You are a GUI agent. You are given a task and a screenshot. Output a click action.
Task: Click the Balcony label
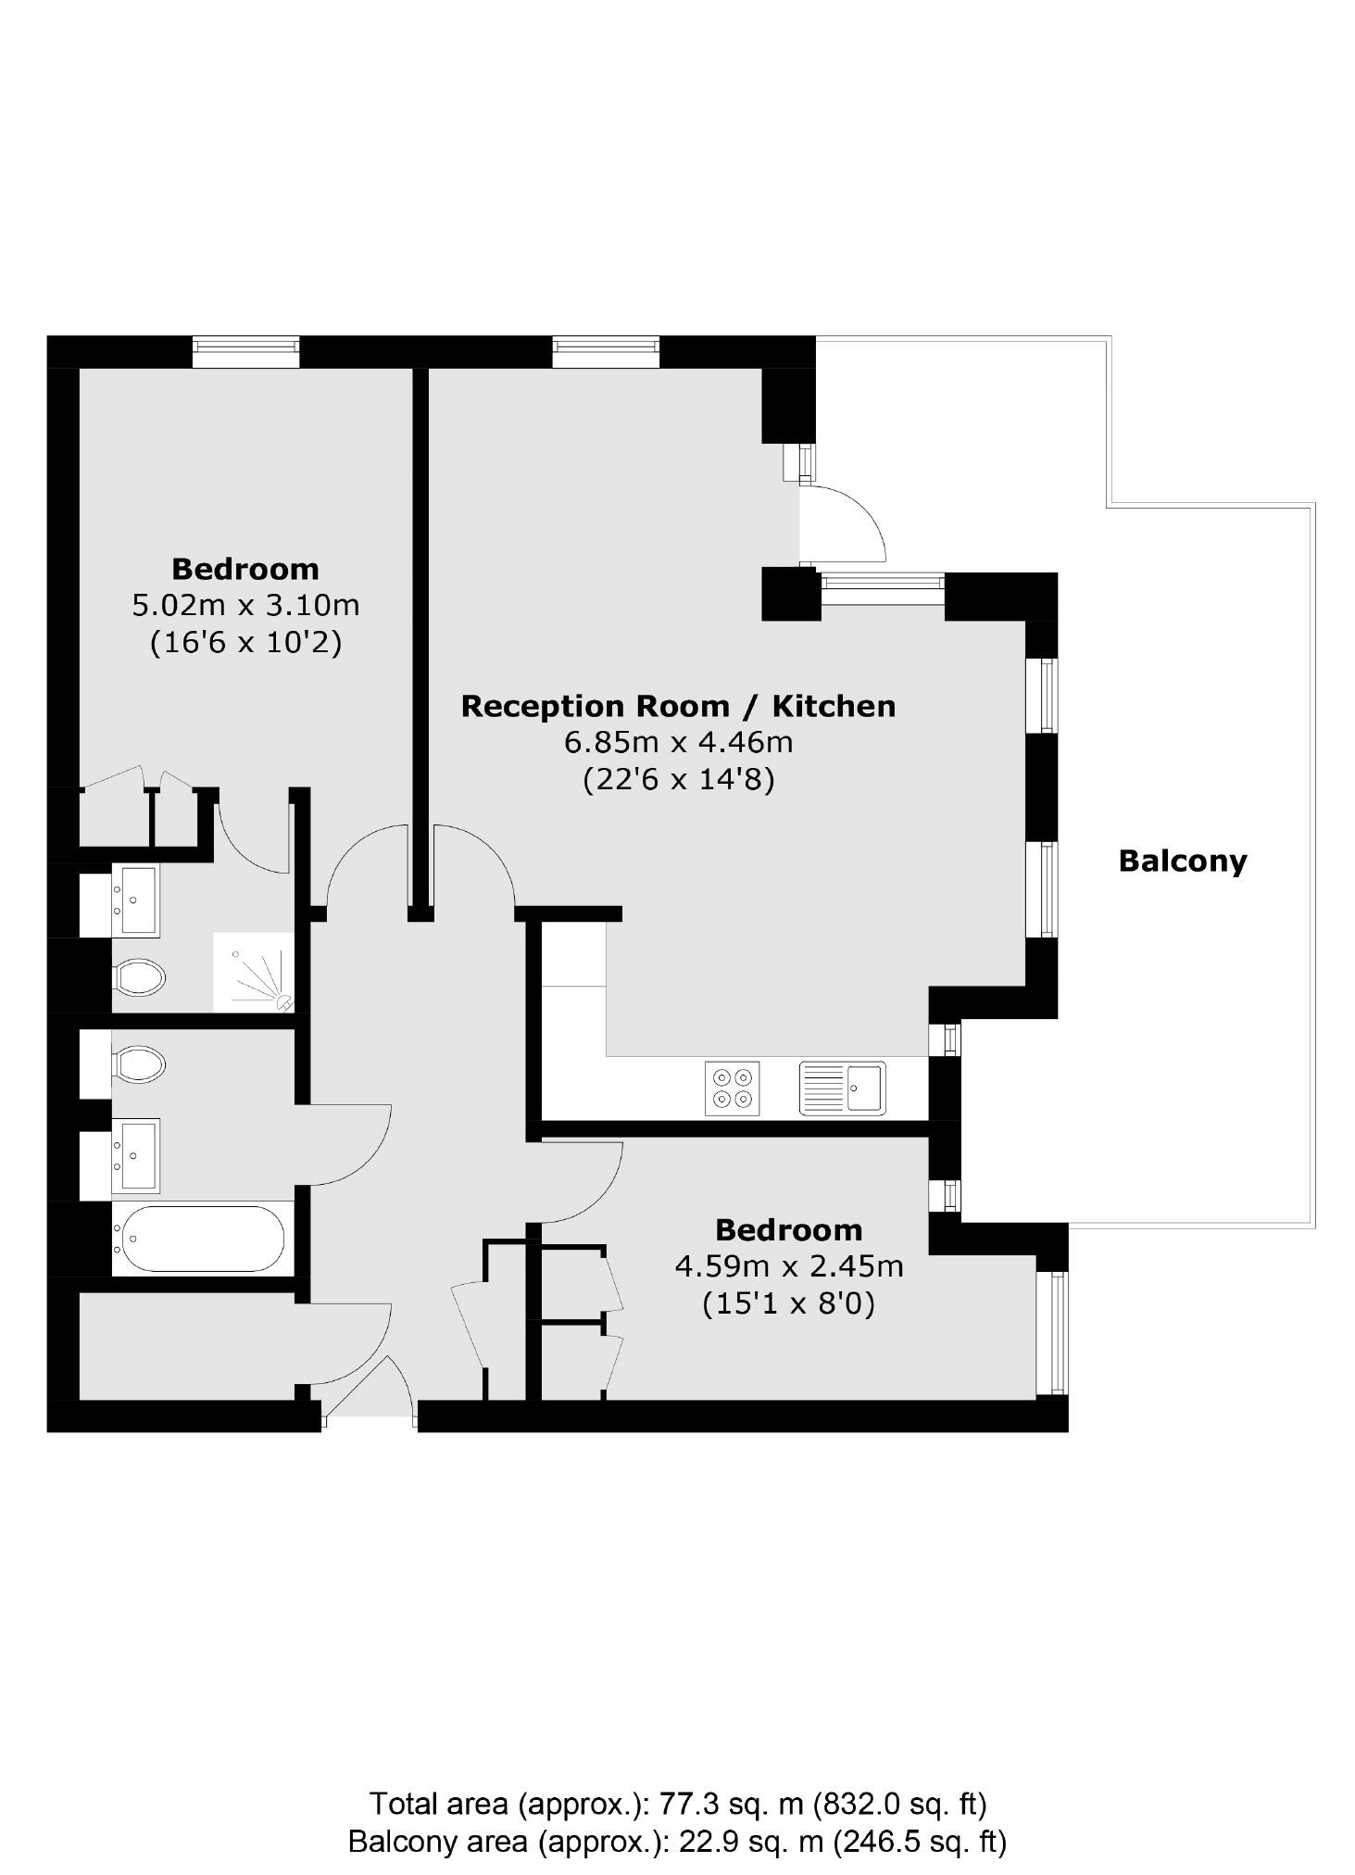tap(1182, 861)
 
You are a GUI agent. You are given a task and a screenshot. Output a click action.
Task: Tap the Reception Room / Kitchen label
tap(678, 706)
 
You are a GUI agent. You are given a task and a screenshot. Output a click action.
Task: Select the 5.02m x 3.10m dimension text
tap(245, 606)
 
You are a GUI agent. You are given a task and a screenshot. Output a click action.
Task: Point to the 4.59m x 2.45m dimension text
tap(788, 1265)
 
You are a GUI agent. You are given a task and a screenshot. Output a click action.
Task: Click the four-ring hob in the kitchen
tap(732, 1088)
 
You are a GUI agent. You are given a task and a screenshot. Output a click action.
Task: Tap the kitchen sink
tap(842, 1088)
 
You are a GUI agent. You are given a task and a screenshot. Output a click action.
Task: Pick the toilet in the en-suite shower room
tap(139, 975)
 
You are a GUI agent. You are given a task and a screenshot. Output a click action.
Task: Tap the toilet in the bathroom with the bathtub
tap(139, 1063)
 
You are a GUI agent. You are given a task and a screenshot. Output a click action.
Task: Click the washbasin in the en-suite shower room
tap(135, 900)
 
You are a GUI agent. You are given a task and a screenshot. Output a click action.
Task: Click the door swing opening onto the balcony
tap(843, 523)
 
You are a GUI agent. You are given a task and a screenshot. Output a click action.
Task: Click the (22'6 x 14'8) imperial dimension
tap(678, 780)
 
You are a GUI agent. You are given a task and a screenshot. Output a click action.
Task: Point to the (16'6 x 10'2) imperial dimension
tap(245, 643)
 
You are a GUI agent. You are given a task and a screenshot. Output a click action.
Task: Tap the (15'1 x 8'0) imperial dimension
tap(788, 1303)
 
